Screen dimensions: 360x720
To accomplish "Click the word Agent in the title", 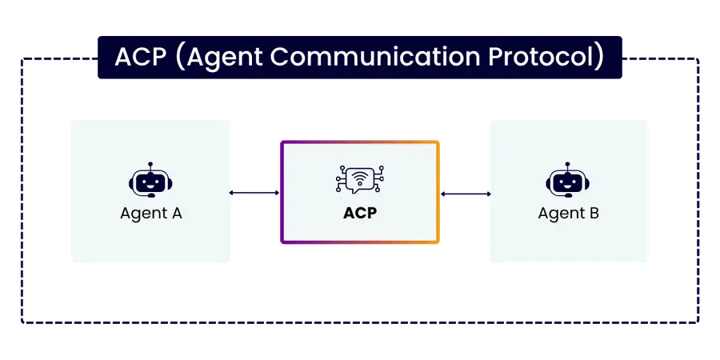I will point(218,58).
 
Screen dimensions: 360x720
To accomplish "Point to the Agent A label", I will point(151,214).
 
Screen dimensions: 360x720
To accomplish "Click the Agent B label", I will point(568,214).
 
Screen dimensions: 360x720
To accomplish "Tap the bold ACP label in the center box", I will point(359,214).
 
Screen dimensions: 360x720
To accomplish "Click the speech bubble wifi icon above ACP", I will point(359,179).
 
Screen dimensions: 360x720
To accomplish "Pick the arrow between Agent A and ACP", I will point(254,193).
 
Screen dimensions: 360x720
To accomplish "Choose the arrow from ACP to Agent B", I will point(465,193).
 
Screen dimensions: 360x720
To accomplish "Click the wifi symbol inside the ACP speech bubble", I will point(359,176).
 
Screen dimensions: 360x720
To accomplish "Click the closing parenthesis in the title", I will point(599,58).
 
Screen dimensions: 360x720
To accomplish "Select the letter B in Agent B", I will point(594,214).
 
